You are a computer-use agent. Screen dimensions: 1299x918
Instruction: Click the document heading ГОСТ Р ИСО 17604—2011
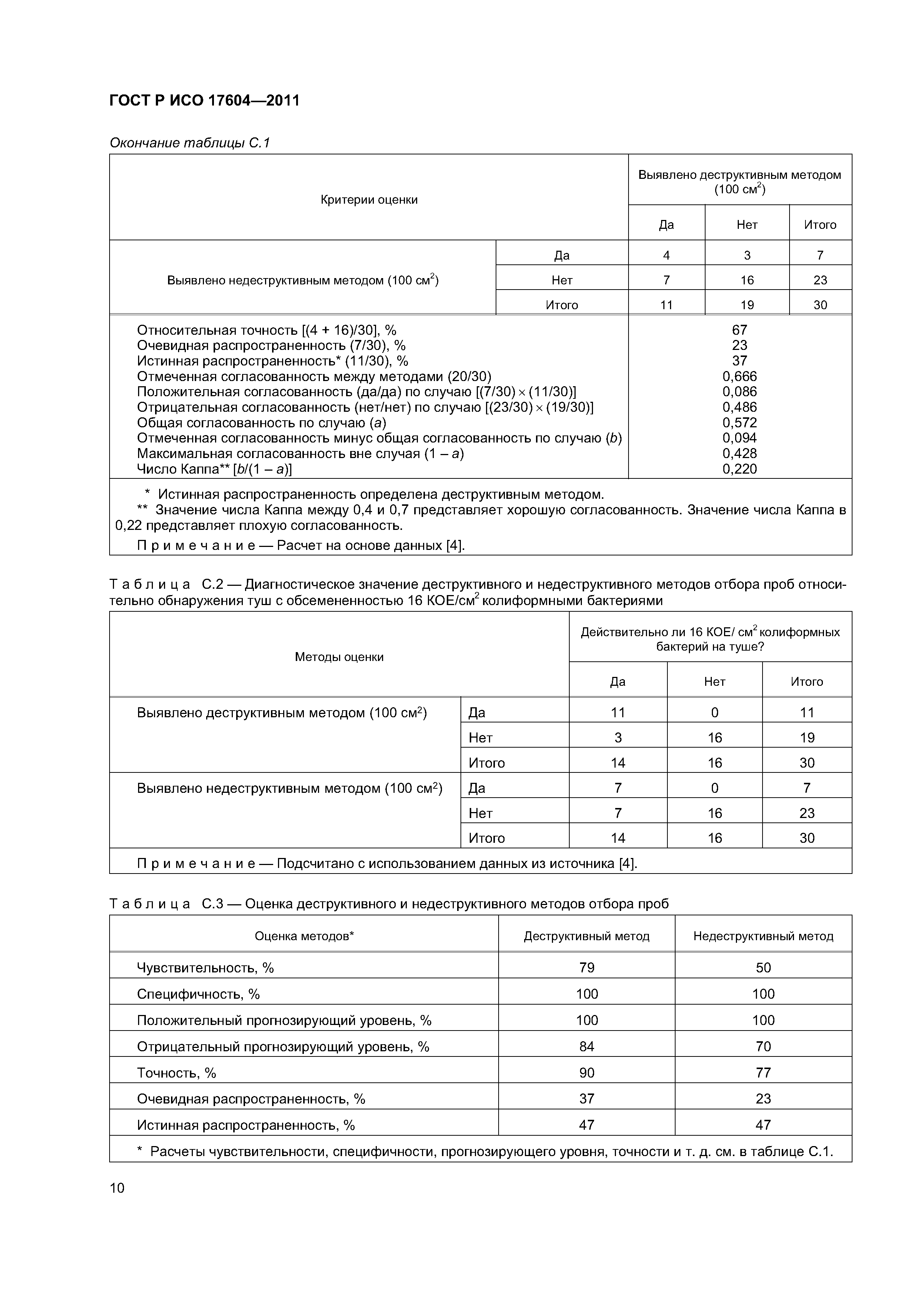point(204,101)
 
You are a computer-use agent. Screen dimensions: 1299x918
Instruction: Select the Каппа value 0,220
point(739,469)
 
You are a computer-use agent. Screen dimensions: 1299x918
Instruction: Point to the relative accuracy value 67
point(739,330)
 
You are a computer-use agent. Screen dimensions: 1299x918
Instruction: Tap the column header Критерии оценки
point(369,200)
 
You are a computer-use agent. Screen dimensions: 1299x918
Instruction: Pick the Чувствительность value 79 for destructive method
point(587,968)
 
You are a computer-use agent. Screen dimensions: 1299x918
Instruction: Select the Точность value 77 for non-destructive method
point(763,1073)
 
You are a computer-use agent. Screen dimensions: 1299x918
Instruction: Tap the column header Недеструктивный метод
point(763,936)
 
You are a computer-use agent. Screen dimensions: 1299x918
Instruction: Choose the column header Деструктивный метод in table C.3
point(587,936)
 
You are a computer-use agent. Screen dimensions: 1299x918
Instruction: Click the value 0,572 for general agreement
point(739,423)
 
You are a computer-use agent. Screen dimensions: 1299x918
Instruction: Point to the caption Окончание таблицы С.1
point(190,143)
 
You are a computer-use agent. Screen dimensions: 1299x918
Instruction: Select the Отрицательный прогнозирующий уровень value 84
point(587,1047)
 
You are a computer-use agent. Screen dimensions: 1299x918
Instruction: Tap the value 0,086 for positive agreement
point(739,391)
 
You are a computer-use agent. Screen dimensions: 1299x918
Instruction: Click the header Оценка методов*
point(304,936)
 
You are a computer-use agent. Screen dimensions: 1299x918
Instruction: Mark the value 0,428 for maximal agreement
point(739,454)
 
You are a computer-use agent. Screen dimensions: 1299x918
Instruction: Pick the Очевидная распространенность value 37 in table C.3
point(587,1099)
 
